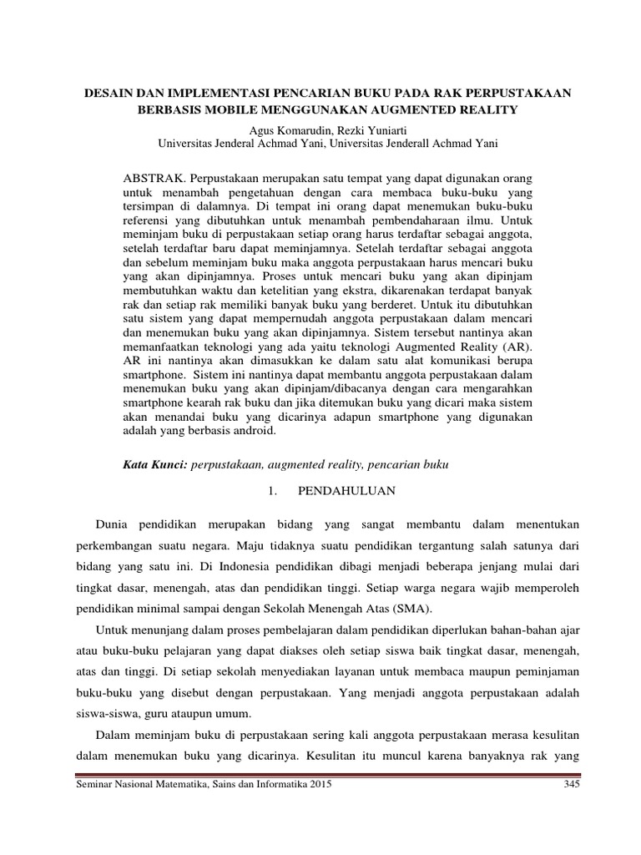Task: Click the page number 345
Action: pyautogui.click(x=571, y=787)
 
